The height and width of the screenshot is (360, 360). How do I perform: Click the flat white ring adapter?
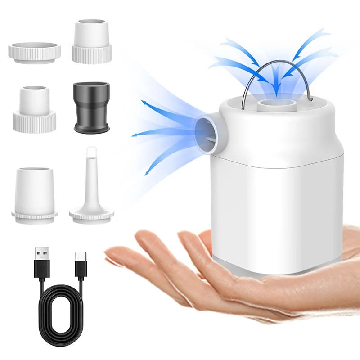pos(35,53)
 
